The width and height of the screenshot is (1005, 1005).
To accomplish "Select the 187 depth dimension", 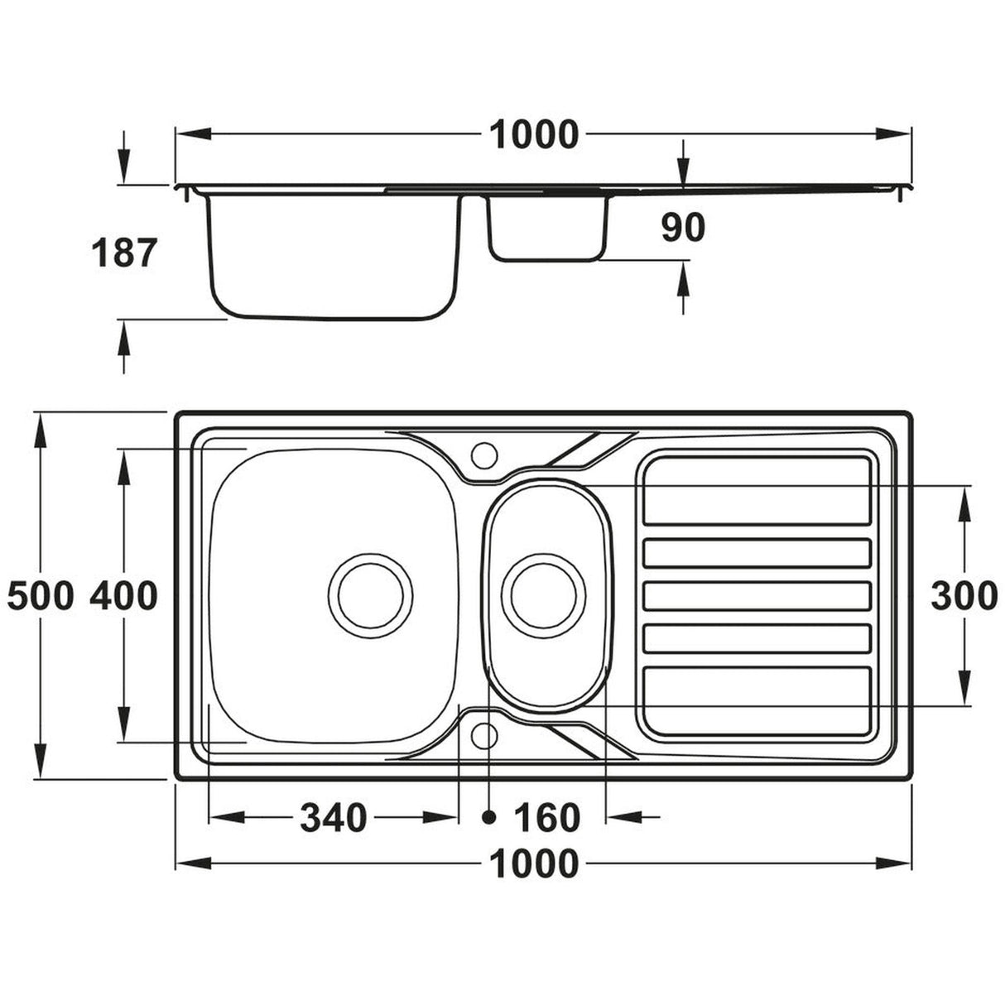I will [x=123, y=252].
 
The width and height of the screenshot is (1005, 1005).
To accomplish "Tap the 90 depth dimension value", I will [x=682, y=228].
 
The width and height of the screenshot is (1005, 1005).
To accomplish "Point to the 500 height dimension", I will [x=40, y=595].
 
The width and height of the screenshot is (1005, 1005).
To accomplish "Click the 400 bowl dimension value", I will [x=123, y=595].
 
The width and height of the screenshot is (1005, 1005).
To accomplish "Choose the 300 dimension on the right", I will [x=964, y=595].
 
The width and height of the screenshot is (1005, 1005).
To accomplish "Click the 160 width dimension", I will [x=546, y=818].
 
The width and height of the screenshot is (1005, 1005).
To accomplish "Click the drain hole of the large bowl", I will [x=369, y=595].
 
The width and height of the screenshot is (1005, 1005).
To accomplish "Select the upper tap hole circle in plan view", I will [x=483, y=453].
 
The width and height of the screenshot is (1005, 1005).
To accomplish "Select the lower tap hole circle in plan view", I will [x=483, y=734].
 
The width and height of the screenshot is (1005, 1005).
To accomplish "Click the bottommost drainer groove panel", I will [x=757, y=700].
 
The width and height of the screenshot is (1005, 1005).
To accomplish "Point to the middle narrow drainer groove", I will [x=757, y=594].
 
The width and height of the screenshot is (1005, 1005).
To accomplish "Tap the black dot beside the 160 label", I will [x=489, y=817].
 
